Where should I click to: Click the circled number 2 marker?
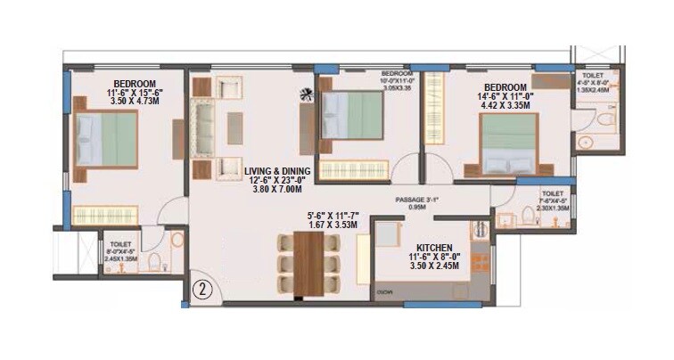tap(201, 290)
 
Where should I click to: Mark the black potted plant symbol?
tap(307, 91)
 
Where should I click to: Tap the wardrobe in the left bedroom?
tap(107, 215)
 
